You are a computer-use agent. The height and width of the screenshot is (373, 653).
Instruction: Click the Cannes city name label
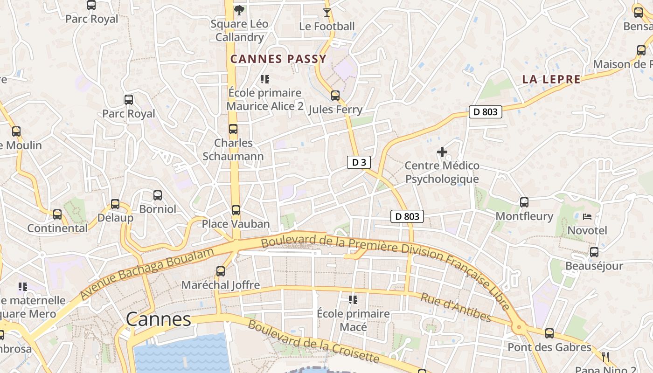pyautogui.click(x=159, y=319)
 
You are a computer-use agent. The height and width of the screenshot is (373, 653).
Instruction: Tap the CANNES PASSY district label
pyautogui.click(x=278, y=59)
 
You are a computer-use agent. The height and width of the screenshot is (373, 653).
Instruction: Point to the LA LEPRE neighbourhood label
pyautogui.click(x=551, y=79)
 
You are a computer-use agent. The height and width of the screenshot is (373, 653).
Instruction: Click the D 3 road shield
pyautogui.click(x=359, y=162)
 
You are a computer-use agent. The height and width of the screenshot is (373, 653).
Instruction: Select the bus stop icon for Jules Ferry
pyautogui.click(x=335, y=96)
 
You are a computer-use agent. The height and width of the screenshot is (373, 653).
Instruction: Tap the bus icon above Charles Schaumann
pyautogui.click(x=233, y=129)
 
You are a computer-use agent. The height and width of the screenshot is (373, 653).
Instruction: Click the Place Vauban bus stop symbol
pyautogui.click(x=236, y=210)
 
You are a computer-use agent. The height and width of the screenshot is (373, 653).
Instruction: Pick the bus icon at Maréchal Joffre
pyautogui.click(x=221, y=271)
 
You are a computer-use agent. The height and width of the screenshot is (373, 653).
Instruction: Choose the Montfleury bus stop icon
pyautogui.click(x=524, y=202)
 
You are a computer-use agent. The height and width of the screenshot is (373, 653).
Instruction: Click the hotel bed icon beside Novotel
pyautogui.click(x=587, y=217)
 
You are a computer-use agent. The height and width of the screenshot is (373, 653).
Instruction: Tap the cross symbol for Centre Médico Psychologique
pyautogui.click(x=442, y=152)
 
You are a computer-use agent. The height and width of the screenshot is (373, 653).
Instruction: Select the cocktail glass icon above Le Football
pyautogui.click(x=327, y=13)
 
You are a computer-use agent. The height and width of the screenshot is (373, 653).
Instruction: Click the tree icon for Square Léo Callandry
pyautogui.click(x=239, y=10)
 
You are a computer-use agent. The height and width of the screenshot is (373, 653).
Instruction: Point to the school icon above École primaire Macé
pyautogui.click(x=353, y=299)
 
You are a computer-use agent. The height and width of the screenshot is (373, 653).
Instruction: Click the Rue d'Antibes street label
pyautogui.click(x=456, y=308)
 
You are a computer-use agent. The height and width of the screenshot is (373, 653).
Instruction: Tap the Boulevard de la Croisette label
pyautogui.click(x=313, y=342)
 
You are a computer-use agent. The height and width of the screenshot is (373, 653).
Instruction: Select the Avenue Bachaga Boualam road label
pyautogui.click(x=147, y=274)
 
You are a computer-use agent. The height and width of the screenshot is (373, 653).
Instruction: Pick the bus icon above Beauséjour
pyautogui.click(x=594, y=252)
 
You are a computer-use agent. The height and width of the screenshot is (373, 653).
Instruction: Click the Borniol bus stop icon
pyautogui.click(x=158, y=195)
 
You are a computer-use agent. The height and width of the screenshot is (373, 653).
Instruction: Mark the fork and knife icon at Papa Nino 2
pyautogui.click(x=605, y=358)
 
